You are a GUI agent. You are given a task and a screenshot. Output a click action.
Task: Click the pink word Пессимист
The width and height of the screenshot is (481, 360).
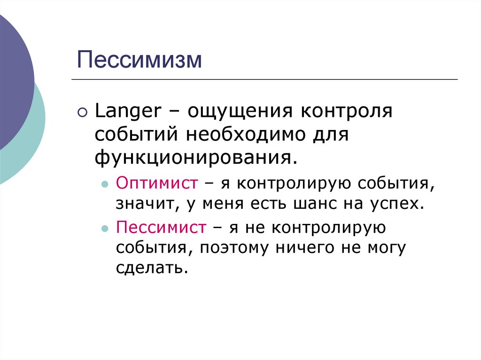click(161, 228)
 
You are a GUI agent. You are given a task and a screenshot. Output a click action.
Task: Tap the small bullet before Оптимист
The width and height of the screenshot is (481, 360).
click(105, 184)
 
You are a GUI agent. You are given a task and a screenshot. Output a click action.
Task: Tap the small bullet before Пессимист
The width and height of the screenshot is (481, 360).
click(105, 229)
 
